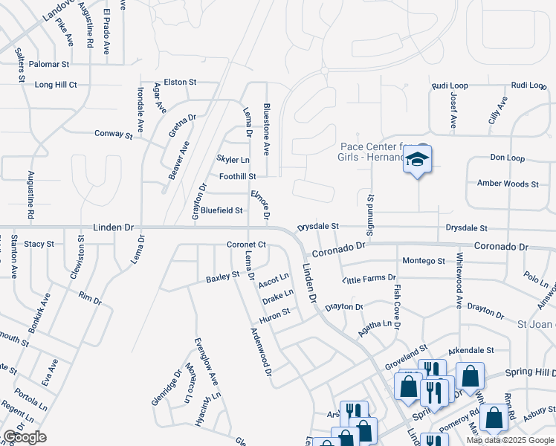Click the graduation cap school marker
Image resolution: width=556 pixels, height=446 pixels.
point(418,160)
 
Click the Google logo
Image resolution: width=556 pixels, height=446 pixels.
point(25,437)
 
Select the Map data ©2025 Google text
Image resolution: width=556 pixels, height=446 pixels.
point(510,440)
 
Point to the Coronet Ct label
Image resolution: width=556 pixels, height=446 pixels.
point(247,245)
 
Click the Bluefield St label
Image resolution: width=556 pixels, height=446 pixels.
point(222,210)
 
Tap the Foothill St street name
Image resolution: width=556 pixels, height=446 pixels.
point(238,177)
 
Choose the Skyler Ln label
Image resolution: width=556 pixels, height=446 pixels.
point(233,160)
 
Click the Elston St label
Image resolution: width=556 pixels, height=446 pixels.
point(180,83)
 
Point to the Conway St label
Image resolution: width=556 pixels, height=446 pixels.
point(113,135)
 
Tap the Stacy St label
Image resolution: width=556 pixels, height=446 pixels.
point(39,243)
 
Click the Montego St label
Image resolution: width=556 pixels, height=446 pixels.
point(423,261)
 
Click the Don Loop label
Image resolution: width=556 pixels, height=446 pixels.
point(507,158)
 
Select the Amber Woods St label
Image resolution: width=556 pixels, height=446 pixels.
point(508,184)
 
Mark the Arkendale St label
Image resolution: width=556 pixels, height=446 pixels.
point(471,350)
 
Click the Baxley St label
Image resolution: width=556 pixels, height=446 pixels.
point(223,277)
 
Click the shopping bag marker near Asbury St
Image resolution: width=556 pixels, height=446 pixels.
point(494,418)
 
